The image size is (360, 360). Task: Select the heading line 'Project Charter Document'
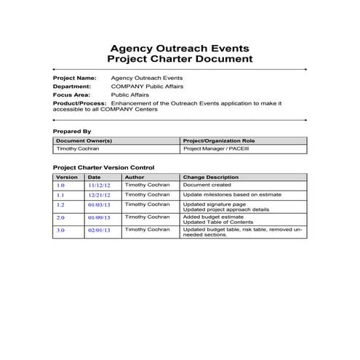180,60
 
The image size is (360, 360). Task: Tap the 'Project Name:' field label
75,78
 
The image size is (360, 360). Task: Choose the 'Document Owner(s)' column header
84,140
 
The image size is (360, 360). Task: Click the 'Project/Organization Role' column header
219,140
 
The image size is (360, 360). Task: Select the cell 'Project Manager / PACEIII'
215,148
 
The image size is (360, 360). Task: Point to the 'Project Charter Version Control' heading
103,168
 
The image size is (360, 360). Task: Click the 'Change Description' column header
211,177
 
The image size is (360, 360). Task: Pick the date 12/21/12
99,196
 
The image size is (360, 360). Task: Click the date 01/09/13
99,217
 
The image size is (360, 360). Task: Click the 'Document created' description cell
207,185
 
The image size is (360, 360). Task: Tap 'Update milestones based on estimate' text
229,195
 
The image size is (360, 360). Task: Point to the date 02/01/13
99,231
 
